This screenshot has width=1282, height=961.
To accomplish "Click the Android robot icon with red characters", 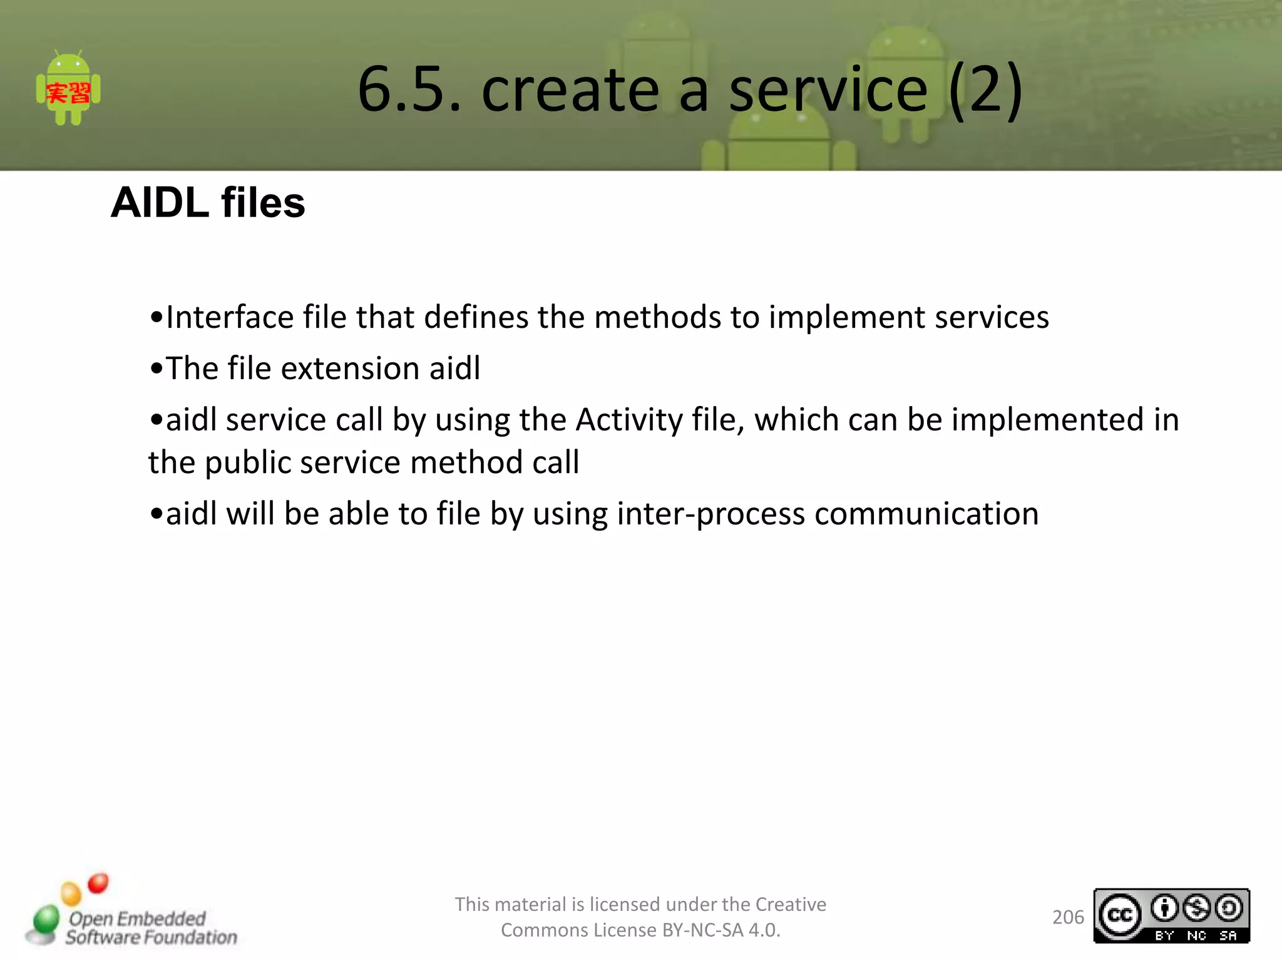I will pyautogui.click(x=68, y=89).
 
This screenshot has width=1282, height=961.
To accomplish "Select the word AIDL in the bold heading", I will pyautogui.click(x=160, y=203).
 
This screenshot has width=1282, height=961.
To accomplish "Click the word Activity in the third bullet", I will pyautogui.click(x=629, y=419).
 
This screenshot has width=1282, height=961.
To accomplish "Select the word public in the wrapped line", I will pyautogui.click(x=249, y=463).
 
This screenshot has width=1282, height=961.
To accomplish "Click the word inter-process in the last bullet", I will pyautogui.click(x=710, y=514).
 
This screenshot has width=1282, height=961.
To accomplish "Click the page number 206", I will pyautogui.click(x=1068, y=917).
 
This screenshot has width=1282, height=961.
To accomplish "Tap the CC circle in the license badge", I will pyautogui.click(x=1120, y=916).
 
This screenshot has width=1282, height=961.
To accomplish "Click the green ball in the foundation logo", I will pyautogui.click(x=46, y=920).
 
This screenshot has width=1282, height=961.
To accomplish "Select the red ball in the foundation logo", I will pyautogui.click(x=98, y=883).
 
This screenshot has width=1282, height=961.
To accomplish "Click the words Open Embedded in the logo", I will pyautogui.click(x=137, y=918).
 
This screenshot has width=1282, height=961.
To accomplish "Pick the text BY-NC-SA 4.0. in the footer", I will pyautogui.click(x=721, y=930).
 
